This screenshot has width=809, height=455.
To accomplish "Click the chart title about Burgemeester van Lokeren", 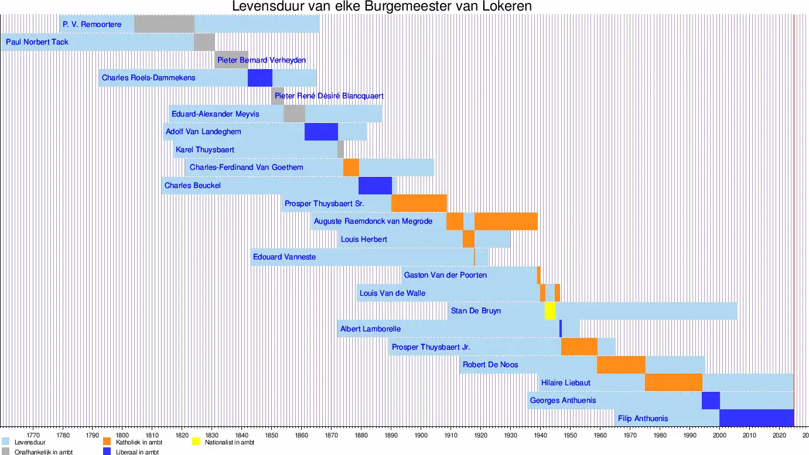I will point(382,7).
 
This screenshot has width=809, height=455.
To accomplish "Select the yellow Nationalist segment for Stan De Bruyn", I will point(549,311).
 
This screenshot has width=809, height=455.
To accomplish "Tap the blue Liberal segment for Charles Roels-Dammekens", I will point(260,78).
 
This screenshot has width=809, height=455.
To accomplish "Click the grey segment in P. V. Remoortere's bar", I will point(164,25).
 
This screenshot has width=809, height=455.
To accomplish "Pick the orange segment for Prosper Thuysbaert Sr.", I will point(419,203).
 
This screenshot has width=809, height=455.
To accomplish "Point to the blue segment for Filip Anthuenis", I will point(756,418).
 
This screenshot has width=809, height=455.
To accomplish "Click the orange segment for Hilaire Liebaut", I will point(673,382).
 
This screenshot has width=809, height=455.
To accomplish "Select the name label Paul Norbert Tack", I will point(37,42).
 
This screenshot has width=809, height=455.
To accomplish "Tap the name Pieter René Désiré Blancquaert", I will point(329,96).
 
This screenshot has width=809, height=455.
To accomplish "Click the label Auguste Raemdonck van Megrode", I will point(373,221).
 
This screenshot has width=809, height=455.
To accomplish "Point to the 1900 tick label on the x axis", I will point(421,436).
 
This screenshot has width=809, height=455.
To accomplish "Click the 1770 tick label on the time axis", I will point(33,436).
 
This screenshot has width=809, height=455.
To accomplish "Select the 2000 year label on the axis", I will point(719,436).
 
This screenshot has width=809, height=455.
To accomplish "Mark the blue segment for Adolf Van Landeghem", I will point(321,132).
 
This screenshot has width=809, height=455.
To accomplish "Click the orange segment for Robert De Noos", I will point(621,365).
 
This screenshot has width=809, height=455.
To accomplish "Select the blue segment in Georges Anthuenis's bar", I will point(711,401).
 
